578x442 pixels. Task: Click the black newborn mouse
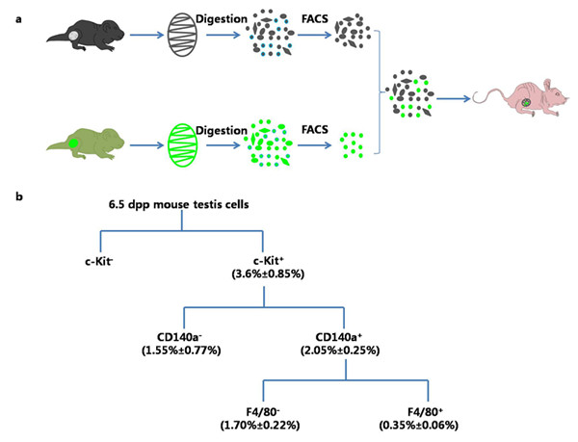pos(82,38)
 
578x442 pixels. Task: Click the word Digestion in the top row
pos(223,18)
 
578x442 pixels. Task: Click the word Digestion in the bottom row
pos(223,128)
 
